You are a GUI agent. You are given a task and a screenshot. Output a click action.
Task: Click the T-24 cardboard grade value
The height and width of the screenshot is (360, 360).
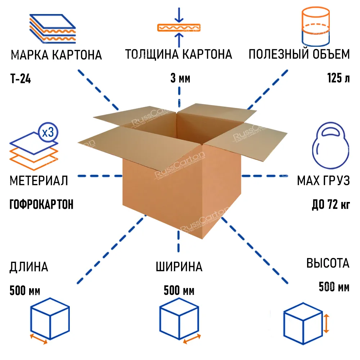pos(21,78)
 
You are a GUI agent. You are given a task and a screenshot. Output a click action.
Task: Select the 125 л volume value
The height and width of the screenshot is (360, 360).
pos(338,78)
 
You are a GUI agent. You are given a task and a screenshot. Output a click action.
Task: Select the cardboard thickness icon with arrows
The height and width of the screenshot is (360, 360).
pos(178,27)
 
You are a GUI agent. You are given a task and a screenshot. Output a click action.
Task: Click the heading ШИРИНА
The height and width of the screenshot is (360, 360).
pos(179,267)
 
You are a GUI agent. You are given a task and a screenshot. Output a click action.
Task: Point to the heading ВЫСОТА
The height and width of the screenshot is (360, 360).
pos(328,263)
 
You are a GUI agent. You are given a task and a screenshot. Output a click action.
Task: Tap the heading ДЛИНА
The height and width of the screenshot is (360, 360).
pos(28,267)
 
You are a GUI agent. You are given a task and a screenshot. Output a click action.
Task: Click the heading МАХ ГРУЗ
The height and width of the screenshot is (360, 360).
pos(323,181)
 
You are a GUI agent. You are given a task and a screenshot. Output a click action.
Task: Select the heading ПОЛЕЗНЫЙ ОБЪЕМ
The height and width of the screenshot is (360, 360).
pos(299,54)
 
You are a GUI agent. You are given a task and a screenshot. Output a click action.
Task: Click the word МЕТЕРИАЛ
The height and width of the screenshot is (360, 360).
pos(39,181)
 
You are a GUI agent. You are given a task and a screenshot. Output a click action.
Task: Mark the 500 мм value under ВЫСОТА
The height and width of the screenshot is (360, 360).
pos(334,287)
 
